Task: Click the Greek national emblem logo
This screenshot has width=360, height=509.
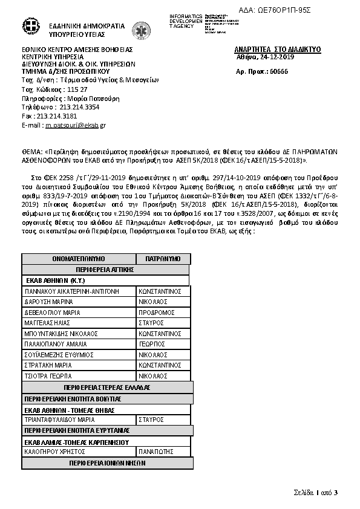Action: click(x=30, y=27)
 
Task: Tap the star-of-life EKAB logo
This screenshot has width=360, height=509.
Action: click(x=142, y=30)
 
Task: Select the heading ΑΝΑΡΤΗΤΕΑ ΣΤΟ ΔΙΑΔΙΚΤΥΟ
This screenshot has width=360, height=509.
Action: click(x=277, y=49)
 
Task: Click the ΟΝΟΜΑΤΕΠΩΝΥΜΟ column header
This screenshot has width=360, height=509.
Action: click(x=79, y=259)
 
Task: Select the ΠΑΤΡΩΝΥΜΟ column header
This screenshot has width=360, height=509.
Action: click(x=163, y=259)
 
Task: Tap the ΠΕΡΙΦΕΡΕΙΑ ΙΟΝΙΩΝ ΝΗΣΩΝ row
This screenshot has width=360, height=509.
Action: click(x=107, y=462)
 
